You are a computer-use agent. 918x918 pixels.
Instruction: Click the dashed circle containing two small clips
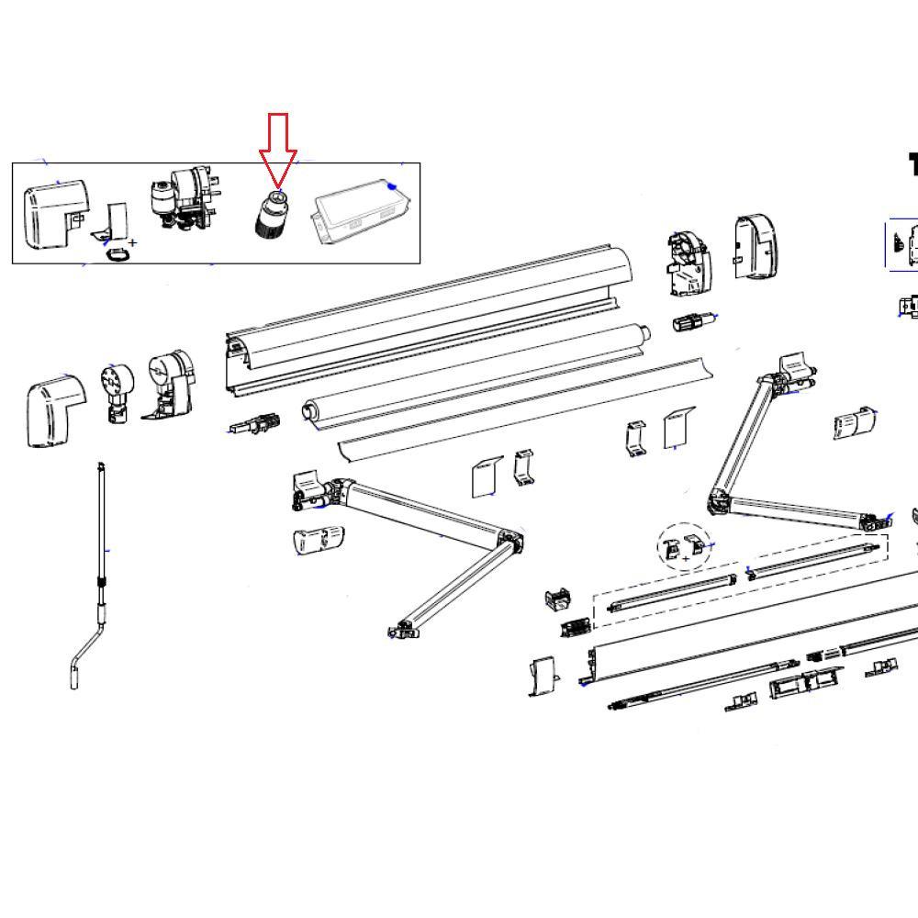click(x=684, y=547)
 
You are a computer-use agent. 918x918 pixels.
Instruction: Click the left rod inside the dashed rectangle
click(x=672, y=592)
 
